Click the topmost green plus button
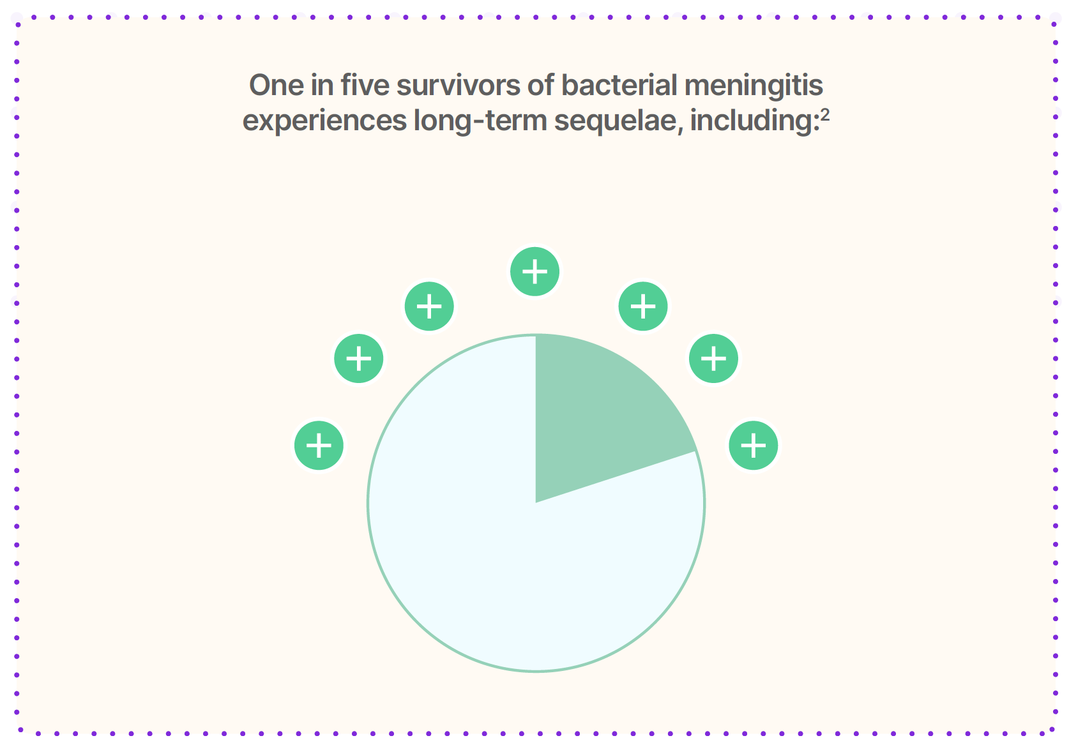[535, 271]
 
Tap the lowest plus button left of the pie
[319, 446]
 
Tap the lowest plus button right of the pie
[754, 446]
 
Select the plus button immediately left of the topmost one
[429, 306]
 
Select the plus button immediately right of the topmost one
[643, 306]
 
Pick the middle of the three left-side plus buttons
[358, 359]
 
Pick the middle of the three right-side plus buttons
[713, 359]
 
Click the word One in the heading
[277, 86]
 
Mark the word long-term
[480, 121]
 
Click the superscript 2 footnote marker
[824, 115]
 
